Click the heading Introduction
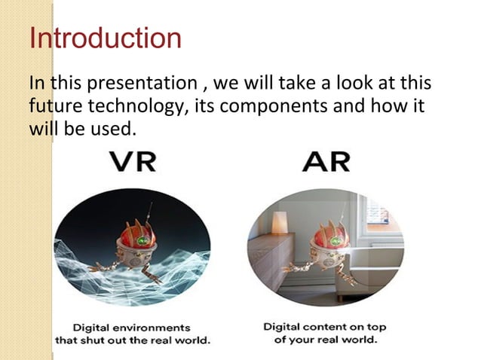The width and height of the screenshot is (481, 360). click(x=105, y=38)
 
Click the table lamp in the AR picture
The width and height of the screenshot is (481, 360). click(x=280, y=222)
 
